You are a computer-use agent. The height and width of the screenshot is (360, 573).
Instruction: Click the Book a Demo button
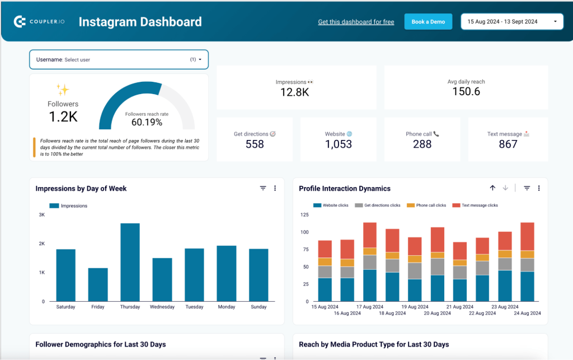(428, 22)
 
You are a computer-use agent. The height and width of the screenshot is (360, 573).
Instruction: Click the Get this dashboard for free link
(356, 22)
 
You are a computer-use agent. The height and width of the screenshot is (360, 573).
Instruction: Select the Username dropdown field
(119, 59)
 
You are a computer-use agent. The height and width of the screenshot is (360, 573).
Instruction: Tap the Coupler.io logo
(40, 22)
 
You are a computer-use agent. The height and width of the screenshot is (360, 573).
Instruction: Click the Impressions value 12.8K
(294, 92)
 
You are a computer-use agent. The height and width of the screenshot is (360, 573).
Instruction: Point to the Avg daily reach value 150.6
(466, 92)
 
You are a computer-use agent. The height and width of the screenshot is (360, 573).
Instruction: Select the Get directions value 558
(255, 144)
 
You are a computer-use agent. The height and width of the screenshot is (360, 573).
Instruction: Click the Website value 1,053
(339, 144)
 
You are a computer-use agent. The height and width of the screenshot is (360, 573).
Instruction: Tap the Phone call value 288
(422, 144)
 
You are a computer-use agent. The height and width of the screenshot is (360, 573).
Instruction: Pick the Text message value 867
(508, 144)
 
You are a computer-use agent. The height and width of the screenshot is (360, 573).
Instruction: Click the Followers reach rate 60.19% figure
(147, 122)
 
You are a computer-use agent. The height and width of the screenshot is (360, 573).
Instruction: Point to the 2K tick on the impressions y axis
(41, 244)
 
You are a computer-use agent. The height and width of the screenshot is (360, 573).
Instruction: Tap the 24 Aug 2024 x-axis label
(527, 313)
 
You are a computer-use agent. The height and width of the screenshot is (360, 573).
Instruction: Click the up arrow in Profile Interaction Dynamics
(492, 188)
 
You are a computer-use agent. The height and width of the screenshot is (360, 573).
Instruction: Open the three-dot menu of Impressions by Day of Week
(275, 189)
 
